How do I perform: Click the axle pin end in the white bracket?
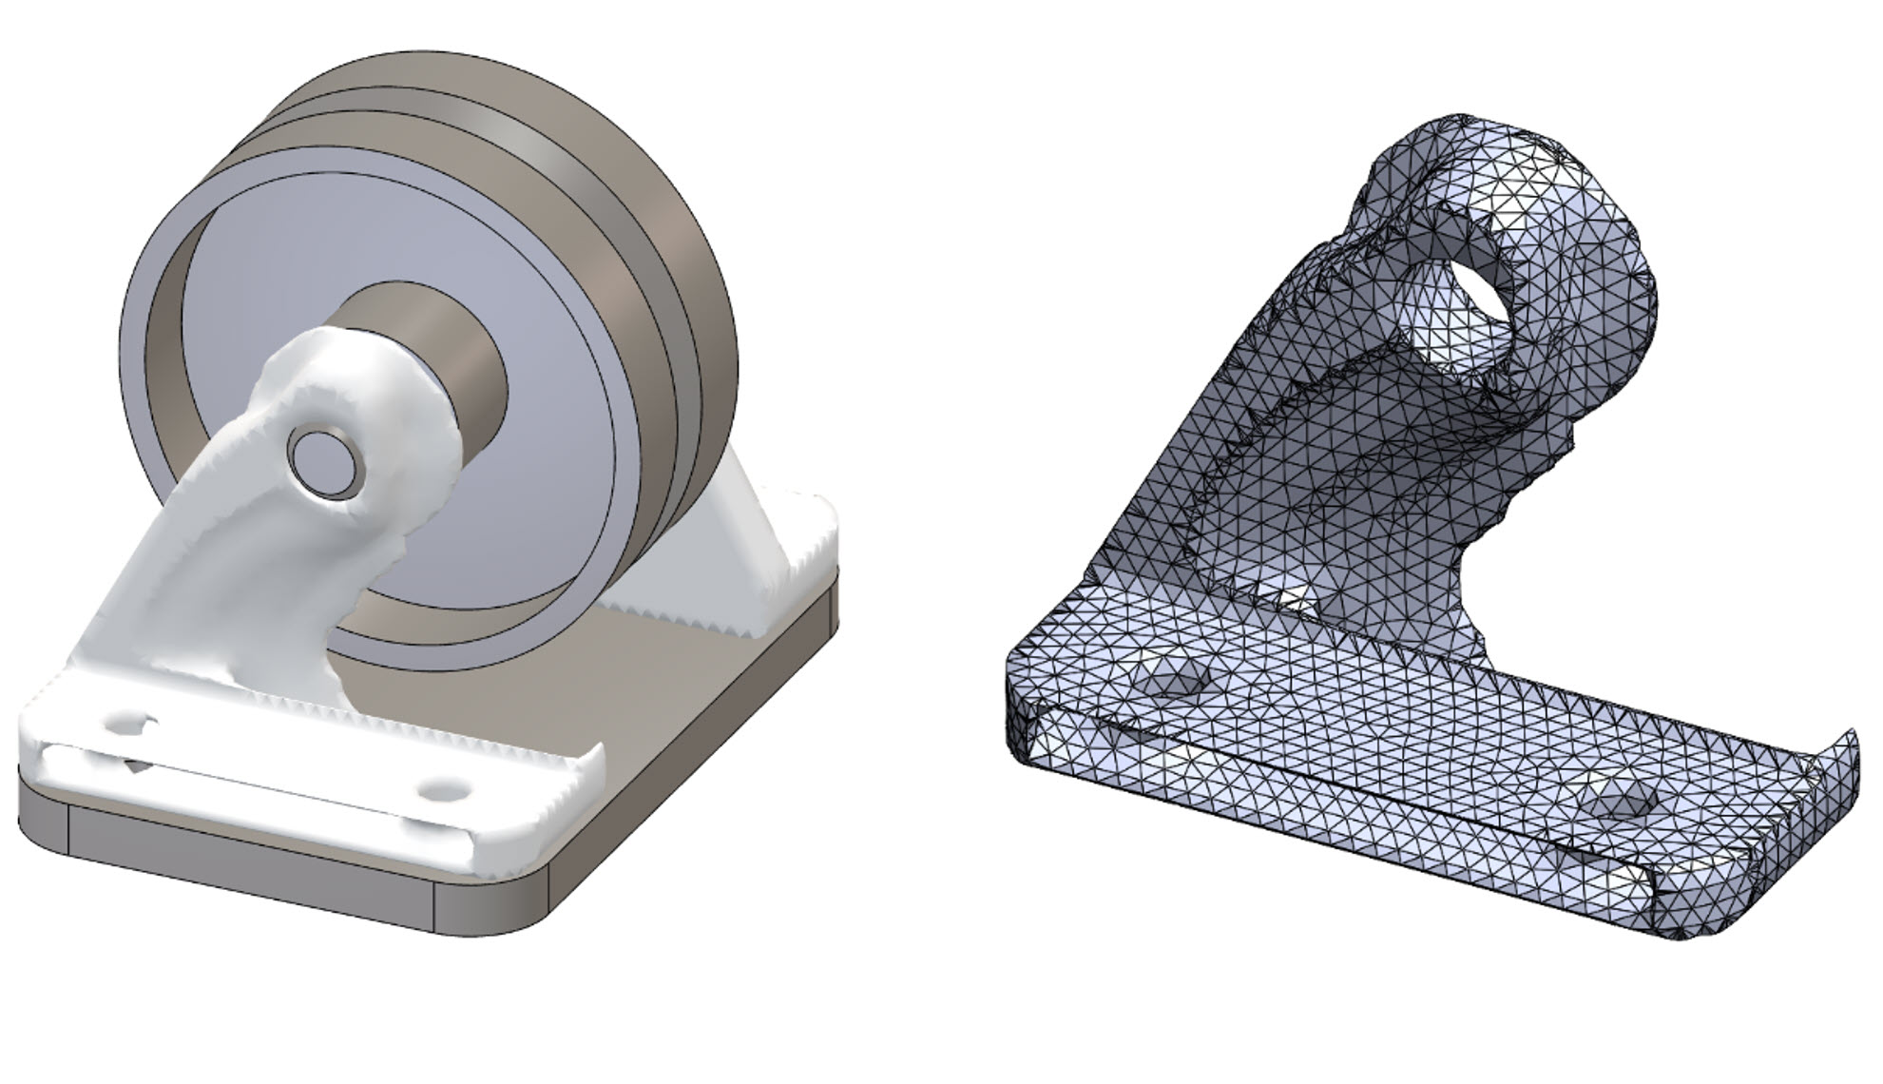point(326,461)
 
